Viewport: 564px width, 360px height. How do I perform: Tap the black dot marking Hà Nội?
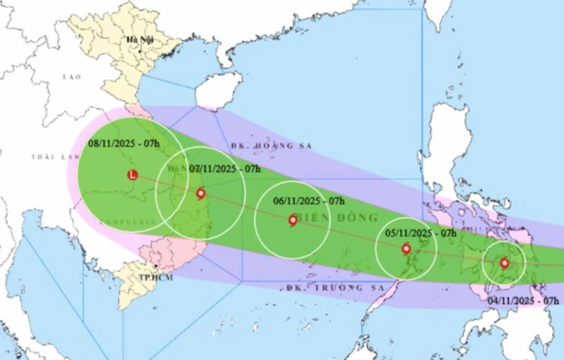(140, 51)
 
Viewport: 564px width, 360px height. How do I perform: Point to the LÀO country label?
(72, 77)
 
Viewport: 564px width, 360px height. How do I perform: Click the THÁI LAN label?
(53, 157)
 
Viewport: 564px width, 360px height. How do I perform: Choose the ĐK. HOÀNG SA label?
(272, 145)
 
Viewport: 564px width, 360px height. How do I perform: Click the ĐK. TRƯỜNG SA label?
(324, 288)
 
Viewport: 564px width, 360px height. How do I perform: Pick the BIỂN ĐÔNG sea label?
(338, 218)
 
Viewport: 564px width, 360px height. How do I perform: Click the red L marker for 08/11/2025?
(133, 174)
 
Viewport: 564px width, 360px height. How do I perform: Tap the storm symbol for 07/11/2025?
(201, 193)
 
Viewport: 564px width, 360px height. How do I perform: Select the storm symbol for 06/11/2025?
(293, 220)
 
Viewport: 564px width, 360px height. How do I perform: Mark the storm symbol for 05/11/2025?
(406, 248)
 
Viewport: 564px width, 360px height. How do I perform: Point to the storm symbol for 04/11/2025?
(504, 263)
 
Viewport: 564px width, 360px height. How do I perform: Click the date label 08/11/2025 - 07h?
(123, 143)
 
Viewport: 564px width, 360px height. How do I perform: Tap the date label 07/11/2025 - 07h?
(225, 169)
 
